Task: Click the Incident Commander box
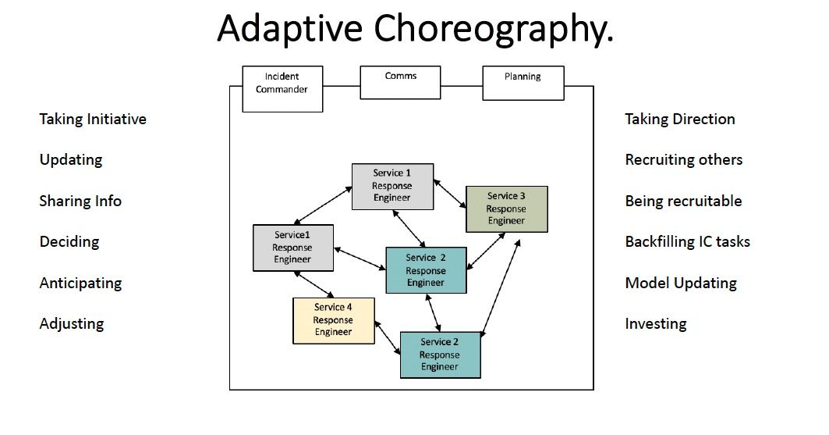pyautogui.click(x=282, y=89)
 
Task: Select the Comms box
pyautogui.click(x=400, y=82)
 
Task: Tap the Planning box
pyautogui.click(x=523, y=83)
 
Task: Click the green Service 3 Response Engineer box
pyautogui.click(x=506, y=209)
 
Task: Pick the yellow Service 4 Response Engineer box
pyautogui.click(x=334, y=321)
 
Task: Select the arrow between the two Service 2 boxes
pyautogui.click(x=433, y=312)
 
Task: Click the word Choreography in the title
pyautogui.click(x=494, y=29)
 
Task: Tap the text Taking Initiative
pyautogui.click(x=93, y=119)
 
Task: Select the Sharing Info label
pyautogui.click(x=80, y=201)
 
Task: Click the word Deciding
pyautogui.click(x=69, y=242)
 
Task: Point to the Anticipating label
pyautogui.click(x=80, y=283)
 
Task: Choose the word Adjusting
pyautogui.click(x=72, y=324)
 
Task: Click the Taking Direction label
pyautogui.click(x=680, y=119)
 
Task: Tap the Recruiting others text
pyautogui.click(x=684, y=160)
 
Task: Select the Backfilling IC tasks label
pyautogui.click(x=687, y=242)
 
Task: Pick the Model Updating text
pyautogui.click(x=681, y=283)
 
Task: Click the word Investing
pyautogui.click(x=656, y=324)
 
